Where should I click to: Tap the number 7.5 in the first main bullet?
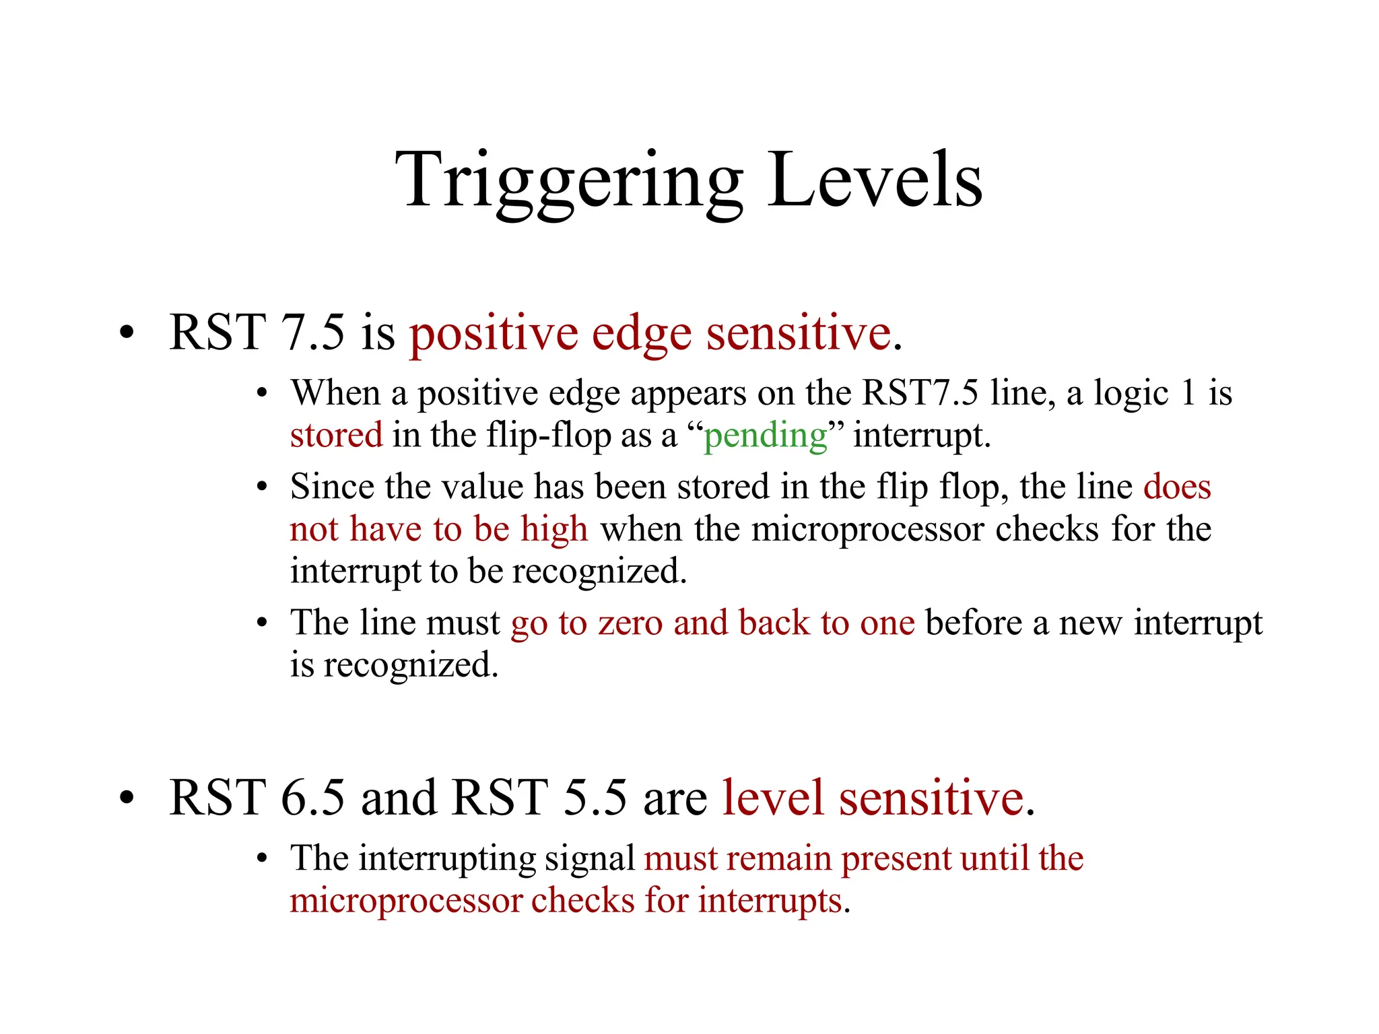312,333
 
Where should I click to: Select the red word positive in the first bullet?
494,334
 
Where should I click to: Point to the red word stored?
336,435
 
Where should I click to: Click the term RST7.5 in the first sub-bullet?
920,392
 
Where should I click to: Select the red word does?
1177,486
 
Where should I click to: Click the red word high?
554,530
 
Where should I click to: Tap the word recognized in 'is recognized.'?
411,665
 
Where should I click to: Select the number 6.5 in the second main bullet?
312,798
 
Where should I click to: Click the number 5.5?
595,798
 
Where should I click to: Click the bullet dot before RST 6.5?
127,798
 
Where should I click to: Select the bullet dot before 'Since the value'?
262,487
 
